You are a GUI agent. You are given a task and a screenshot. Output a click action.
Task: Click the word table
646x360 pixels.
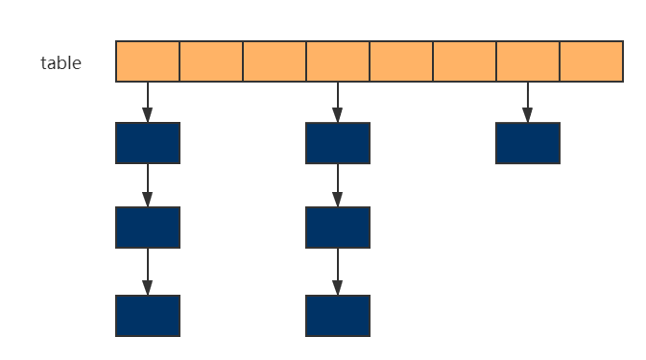coord(60,63)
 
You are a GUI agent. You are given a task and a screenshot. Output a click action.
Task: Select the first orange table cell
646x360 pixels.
coord(148,61)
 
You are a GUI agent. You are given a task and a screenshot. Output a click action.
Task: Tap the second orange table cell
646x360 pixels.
coord(211,61)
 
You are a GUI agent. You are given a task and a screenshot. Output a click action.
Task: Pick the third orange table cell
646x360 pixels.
coord(275,61)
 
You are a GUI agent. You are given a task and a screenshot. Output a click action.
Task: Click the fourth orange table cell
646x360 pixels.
coord(338,61)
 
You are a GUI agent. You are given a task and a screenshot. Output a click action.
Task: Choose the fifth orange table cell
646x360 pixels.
coord(401,61)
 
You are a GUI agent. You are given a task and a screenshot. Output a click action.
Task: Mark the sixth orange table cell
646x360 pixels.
coord(465,61)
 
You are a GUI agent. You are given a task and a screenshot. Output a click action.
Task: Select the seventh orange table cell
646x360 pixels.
coord(528,61)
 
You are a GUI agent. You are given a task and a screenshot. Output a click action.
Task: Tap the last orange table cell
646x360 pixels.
coord(591,61)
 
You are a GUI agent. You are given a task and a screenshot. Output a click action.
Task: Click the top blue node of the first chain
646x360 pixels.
coord(148,143)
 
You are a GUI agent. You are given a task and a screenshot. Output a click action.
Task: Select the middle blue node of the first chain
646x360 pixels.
coord(148,228)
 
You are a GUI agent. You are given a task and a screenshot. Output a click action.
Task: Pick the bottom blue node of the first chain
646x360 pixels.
coord(148,316)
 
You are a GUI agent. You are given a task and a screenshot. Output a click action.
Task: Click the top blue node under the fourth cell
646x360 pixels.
coord(338,143)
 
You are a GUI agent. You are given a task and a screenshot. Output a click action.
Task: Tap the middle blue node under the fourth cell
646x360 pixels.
coord(338,228)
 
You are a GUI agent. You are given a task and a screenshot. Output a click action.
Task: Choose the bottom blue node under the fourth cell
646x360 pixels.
coord(338,316)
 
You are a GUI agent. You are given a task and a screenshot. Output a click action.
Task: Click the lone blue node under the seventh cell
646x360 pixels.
coord(527,143)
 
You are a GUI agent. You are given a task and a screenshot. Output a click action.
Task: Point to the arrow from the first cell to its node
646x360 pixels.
coord(148,102)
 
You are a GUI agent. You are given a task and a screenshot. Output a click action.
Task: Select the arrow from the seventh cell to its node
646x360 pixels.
coord(527,102)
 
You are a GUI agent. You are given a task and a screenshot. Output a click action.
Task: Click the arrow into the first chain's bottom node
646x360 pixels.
coord(148,272)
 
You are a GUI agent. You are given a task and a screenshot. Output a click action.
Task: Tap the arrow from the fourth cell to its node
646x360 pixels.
coord(338,102)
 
